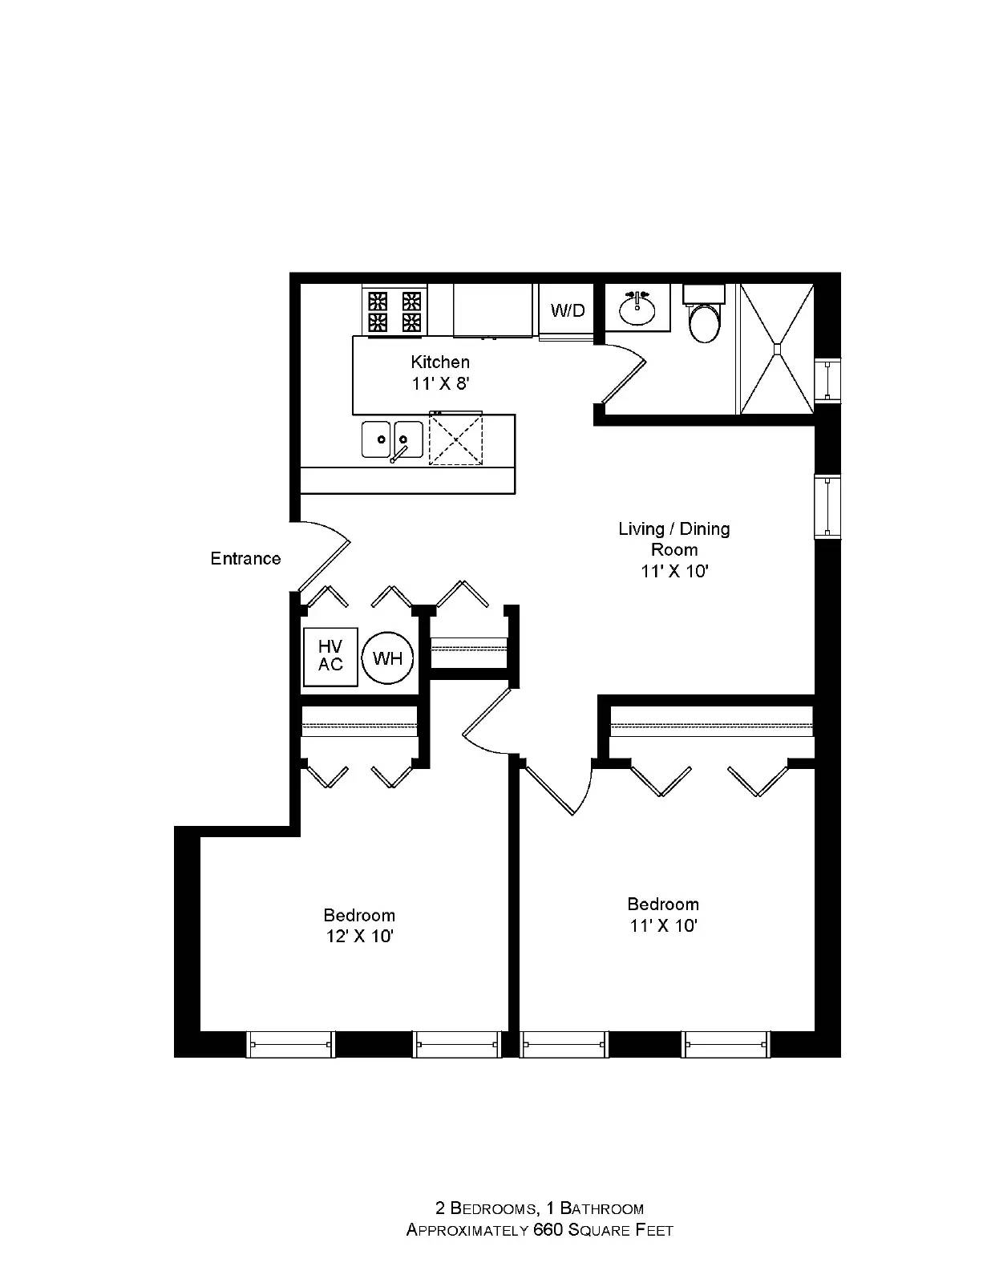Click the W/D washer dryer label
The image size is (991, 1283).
(567, 310)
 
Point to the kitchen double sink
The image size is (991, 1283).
(393, 439)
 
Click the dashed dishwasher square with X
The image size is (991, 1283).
(455, 439)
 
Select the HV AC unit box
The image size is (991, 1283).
(330, 657)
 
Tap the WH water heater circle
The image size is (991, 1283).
(387, 658)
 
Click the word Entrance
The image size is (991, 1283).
(245, 559)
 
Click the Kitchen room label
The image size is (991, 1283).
(440, 362)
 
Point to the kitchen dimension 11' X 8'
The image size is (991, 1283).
(440, 384)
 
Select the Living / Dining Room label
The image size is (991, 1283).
(674, 539)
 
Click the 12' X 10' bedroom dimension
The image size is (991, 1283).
(360, 937)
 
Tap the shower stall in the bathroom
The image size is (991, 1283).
(778, 349)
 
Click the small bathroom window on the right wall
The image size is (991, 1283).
(827, 381)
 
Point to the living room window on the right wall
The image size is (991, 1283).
(827, 507)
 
